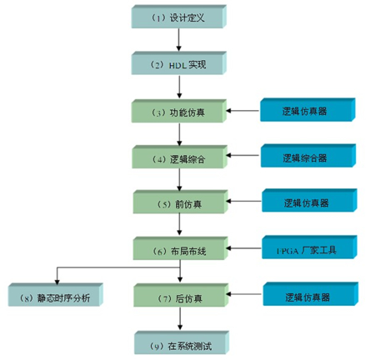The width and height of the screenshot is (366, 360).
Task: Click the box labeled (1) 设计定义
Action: [x=179, y=17]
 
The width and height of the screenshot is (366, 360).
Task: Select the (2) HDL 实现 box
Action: [x=179, y=63]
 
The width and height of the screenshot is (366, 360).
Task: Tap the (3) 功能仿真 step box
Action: [x=179, y=111]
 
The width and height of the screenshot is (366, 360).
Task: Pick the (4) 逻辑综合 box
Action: [x=179, y=157]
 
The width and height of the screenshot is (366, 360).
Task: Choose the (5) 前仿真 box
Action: [x=180, y=202]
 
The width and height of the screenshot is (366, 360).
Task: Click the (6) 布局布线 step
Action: [x=180, y=248]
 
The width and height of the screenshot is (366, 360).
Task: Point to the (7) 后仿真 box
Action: [x=181, y=295]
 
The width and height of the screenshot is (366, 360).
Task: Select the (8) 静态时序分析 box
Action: [x=56, y=295]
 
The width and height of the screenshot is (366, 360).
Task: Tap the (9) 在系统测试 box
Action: [x=182, y=342]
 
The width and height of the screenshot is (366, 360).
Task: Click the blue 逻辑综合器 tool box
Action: [x=308, y=156]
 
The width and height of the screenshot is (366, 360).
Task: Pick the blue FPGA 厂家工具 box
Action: [x=309, y=247]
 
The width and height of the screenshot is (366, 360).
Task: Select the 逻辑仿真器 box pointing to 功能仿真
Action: [x=308, y=110]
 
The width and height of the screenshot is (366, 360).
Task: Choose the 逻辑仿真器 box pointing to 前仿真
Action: [x=309, y=201]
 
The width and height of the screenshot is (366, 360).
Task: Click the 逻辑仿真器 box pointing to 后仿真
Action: [x=311, y=294]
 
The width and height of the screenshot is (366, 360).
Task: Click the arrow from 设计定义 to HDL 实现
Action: [x=178, y=40]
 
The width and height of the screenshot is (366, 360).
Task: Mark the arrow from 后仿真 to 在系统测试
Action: [x=180, y=318]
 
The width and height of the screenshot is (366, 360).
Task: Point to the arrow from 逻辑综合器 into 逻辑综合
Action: [x=243, y=155]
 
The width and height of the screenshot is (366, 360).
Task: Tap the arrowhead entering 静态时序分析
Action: [x=57, y=282]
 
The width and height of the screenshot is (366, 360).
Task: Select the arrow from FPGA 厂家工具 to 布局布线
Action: [x=244, y=248]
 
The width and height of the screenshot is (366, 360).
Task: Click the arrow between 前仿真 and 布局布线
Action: [x=179, y=224]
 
